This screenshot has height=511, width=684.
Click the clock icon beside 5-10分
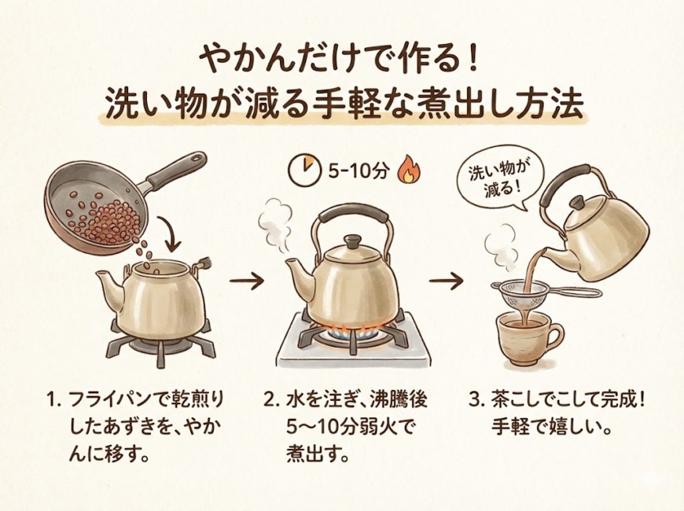tap(304, 167)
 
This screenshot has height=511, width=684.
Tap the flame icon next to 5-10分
tap(408, 169)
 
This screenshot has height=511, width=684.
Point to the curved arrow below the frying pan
tap(171, 237)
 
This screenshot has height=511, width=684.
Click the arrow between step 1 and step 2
tap(247, 282)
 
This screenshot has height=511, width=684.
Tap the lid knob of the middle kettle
tap(352, 241)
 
